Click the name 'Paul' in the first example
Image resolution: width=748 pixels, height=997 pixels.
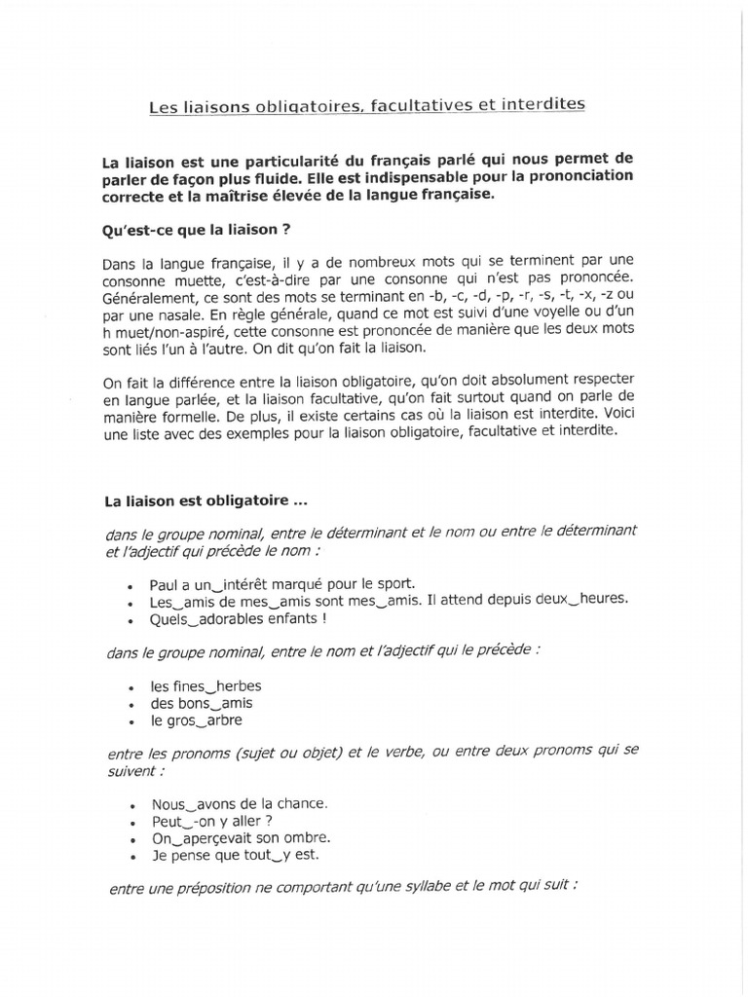(x=167, y=582)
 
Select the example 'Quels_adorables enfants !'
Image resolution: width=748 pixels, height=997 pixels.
(x=239, y=617)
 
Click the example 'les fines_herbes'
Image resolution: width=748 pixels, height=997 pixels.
(x=206, y=685)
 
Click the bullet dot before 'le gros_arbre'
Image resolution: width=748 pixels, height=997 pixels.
(x=131, y=721)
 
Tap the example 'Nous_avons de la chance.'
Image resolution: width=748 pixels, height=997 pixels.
(x=241, y=804)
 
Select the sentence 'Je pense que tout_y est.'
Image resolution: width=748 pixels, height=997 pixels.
(x=235, y=856)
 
